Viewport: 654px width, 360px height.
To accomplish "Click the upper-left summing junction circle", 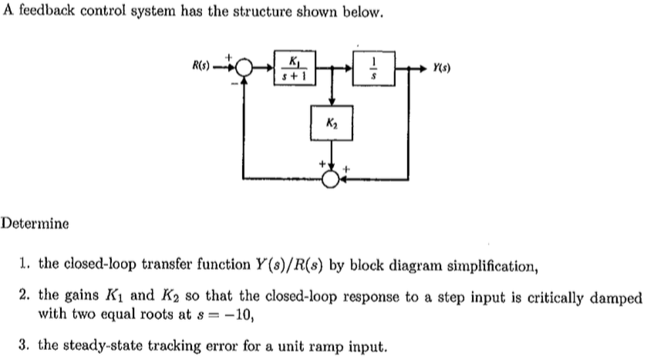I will (x=245, y=68).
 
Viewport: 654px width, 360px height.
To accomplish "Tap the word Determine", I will (x=35, y=224).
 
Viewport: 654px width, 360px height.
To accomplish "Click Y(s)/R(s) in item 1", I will (x=285, y=266).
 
